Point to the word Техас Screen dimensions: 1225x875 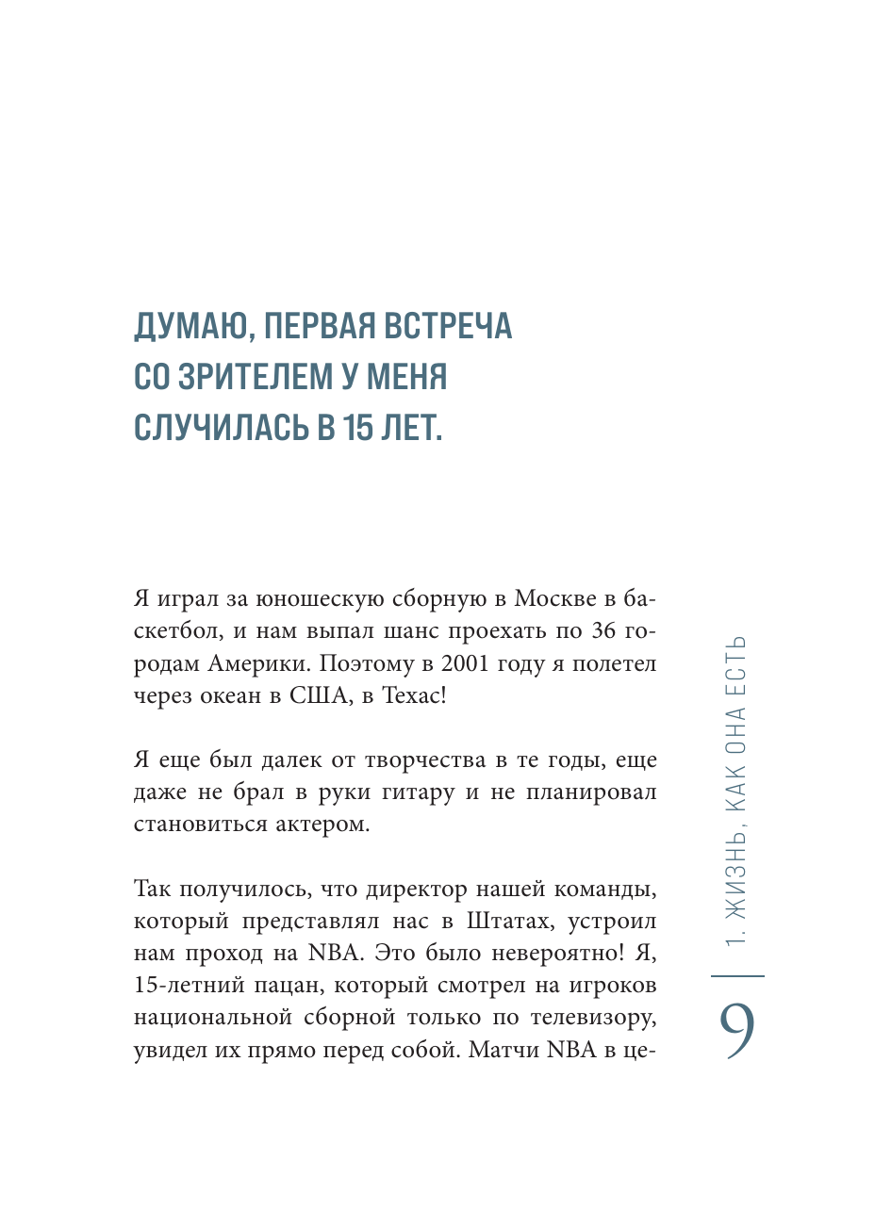pyautogui.click(x=410, y=696)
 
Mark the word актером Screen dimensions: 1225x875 pyautogui.click(x=322, y=825)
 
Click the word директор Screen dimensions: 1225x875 pyautogui.click(x=416, y=890)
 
